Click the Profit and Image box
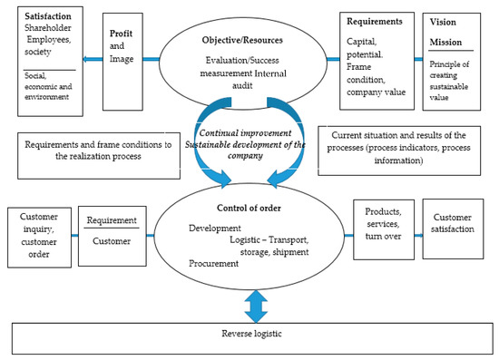click(x=123, y=54)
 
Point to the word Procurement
click(x=214, y=263)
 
